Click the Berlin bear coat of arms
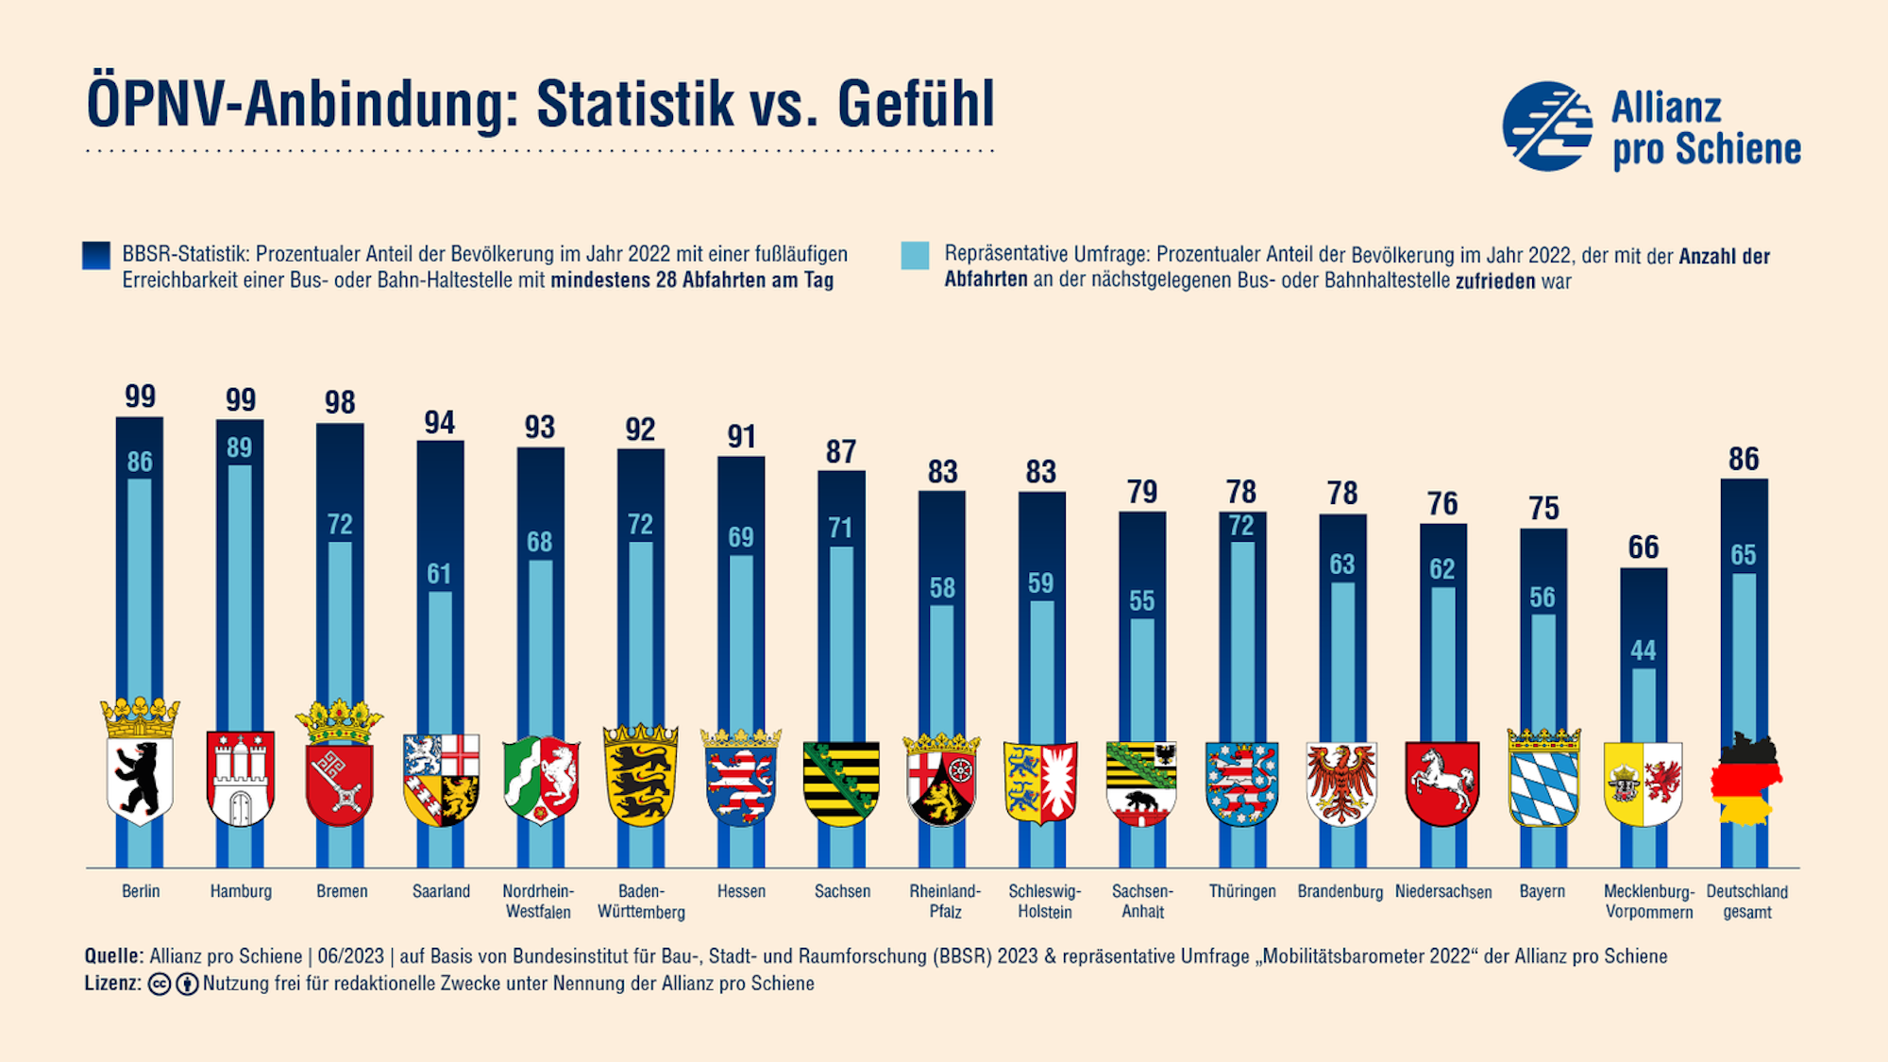140,779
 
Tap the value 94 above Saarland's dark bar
440,422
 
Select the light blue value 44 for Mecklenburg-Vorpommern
1644,650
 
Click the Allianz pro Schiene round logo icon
1547,126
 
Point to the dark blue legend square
96,256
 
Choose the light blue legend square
915,256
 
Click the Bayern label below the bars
1542,891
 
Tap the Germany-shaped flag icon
1745,779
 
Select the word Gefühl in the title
916,104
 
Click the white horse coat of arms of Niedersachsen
1441,783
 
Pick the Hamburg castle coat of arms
241,779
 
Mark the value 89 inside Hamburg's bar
240,447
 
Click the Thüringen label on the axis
1242,891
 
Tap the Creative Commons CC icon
160,984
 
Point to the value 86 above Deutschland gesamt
1744,459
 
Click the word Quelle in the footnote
113,956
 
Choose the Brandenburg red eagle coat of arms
1341,783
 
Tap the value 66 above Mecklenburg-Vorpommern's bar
1644,548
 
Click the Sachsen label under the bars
842,891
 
